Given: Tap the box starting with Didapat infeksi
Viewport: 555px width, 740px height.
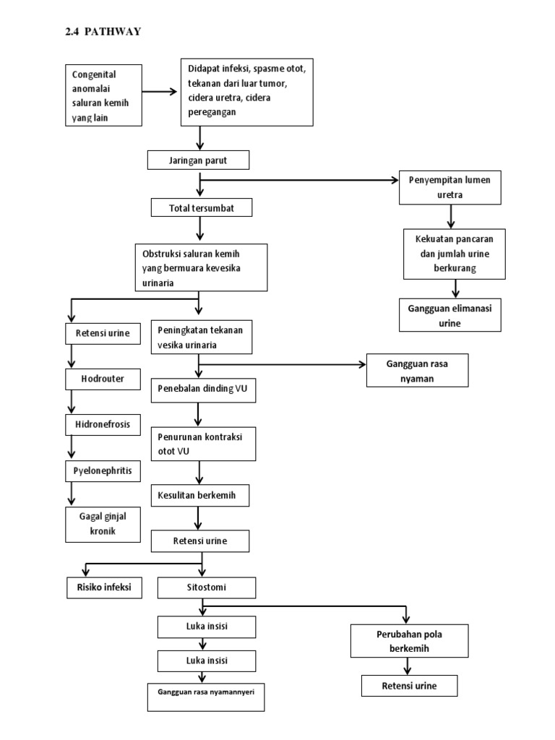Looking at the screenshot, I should tap(246, 90).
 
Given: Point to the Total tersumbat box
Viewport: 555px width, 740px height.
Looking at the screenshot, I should tap(202, 208).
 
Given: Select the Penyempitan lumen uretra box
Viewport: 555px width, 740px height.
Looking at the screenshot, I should tap(451, 186).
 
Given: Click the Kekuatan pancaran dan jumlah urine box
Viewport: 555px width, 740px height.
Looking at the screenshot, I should tap(454, 253).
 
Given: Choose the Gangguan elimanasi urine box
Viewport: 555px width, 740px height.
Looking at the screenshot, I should tap(449, 315).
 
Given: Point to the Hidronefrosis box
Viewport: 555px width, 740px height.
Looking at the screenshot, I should tap(102, 425).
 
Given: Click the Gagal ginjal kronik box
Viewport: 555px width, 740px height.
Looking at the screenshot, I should tap(100, 524).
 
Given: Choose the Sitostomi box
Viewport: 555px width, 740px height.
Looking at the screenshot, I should tap(207, 588).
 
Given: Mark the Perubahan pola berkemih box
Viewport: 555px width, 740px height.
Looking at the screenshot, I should tap(410, 640).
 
